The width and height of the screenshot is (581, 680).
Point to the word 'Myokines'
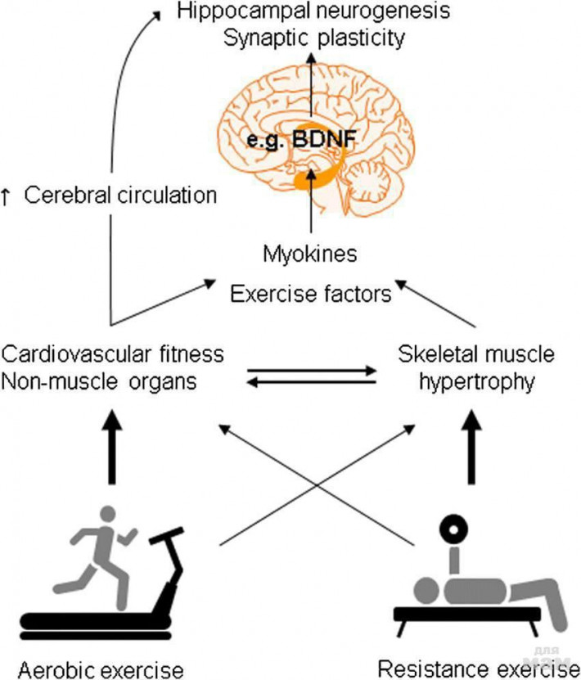(x=310, y=254)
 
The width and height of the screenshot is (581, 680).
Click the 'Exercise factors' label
(x=311, y=292)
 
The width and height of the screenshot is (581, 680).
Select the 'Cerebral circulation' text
(x=121, y=196)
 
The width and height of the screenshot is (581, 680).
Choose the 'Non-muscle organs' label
(x=100, y=381)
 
